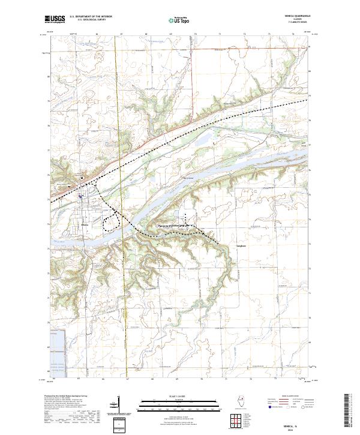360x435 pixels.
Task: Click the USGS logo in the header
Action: tap(55, 19)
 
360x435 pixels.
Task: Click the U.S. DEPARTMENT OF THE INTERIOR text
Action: tap(91, 17)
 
